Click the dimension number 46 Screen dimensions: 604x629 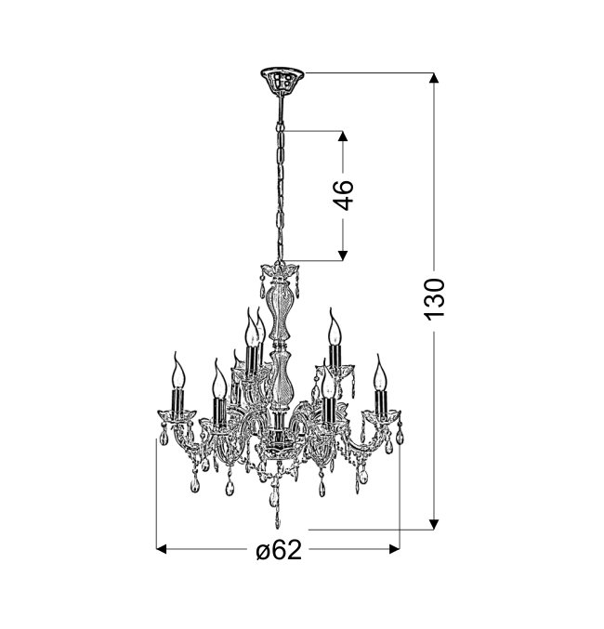click(x=344, y=195)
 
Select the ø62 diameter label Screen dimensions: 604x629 click(x=279, y=550)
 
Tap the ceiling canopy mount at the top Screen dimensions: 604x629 click(x=282, y=79)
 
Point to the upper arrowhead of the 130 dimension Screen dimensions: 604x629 click(x=434, y=78)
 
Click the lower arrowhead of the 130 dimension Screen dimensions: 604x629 click(x=434, y=524)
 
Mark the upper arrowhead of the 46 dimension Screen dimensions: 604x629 click(x=342, y=136)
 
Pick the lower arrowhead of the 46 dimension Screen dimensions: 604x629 click(x=342, y=256)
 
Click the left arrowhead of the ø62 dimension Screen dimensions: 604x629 click(x=162, y=549)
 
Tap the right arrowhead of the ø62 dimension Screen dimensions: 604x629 click(x=395, y=549)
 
